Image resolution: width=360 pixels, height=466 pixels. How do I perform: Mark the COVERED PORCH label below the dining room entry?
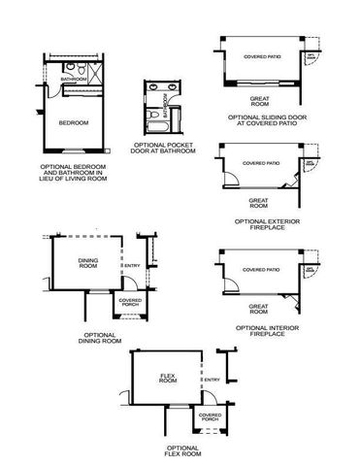(129, 303)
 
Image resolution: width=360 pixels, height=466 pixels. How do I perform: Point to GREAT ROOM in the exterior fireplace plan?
(257, 203)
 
